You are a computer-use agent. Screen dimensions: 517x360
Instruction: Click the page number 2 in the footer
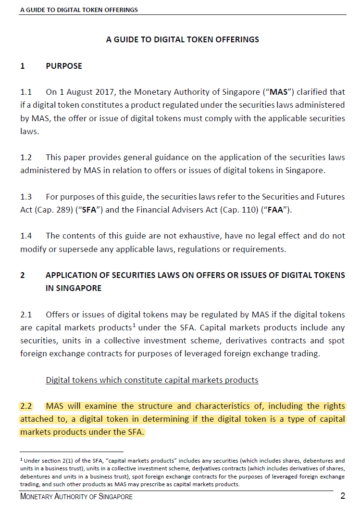tap(343, 496)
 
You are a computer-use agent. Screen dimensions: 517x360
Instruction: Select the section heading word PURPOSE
tap(64, 66)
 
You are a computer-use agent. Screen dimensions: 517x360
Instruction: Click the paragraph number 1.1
tap(26, 92)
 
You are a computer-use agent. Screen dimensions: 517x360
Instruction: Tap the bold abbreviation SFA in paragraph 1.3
tap(88, 210)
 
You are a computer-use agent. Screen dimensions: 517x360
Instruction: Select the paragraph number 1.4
tap(26, 236)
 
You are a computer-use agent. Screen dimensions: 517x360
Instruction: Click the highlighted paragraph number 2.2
tap(26, 406)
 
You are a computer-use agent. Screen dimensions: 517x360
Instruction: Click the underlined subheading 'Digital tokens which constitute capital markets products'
tap(152, 380)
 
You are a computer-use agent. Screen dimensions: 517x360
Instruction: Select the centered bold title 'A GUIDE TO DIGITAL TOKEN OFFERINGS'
tap(183, 39)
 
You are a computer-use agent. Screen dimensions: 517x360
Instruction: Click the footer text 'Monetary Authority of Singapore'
tap(76, 497)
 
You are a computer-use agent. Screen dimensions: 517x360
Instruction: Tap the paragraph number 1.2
tap(26, 157)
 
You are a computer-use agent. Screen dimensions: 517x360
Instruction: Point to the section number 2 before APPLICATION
tap(23, 275)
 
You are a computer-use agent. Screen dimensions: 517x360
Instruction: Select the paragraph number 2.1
tap(26, 315)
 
